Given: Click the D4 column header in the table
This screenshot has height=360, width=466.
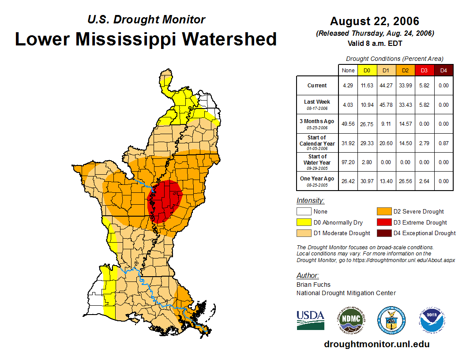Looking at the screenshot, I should click(443, 70).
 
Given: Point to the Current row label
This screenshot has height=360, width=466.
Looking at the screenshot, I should click(317, 86).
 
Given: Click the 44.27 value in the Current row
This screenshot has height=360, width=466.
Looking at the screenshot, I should click(386, 86).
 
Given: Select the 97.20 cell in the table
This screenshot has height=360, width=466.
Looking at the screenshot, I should click(348, 162).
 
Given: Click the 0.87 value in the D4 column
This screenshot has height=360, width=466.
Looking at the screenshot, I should click(443, 143).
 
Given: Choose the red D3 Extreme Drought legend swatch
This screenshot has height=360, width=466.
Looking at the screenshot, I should click(383, 222).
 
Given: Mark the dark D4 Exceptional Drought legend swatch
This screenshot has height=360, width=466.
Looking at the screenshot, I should click(383, 233).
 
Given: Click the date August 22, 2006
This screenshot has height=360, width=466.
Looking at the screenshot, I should click(374, 21).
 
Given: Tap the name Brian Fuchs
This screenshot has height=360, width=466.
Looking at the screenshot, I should click(313, 285).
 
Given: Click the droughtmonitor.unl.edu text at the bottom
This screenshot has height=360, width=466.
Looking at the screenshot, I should click(376, 344).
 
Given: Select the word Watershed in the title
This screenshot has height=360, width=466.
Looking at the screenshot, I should click(230, 39).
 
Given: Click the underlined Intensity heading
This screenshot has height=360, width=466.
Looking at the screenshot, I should click(310, 201).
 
